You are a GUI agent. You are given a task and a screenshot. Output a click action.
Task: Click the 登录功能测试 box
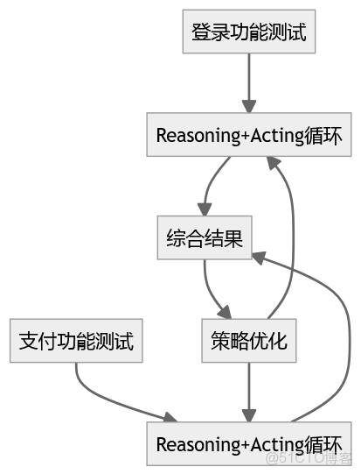click(248, 32)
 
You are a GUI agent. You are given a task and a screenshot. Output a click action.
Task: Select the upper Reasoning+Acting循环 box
click(248, 136)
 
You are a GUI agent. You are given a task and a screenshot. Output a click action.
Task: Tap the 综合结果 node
click(205, 237)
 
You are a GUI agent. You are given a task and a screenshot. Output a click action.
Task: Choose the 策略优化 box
click(248, 341)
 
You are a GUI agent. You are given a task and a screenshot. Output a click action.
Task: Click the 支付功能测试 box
click(76, 341)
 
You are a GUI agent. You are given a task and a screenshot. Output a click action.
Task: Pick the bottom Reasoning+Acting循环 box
click(248, 443)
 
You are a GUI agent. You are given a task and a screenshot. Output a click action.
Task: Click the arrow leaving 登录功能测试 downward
click(248, 83)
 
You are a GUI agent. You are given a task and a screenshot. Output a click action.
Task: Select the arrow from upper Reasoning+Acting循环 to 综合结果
click(210, 184)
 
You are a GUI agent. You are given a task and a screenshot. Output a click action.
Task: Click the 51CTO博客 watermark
click(309, 458)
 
